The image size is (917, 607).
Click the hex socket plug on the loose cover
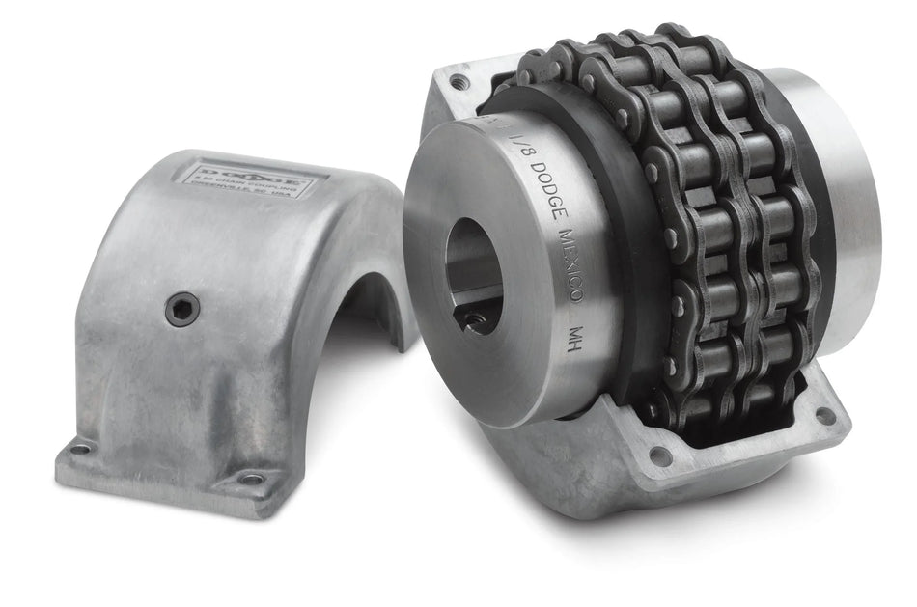[x=181, y=309]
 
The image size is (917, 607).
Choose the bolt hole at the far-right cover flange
[x=823, y=415]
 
